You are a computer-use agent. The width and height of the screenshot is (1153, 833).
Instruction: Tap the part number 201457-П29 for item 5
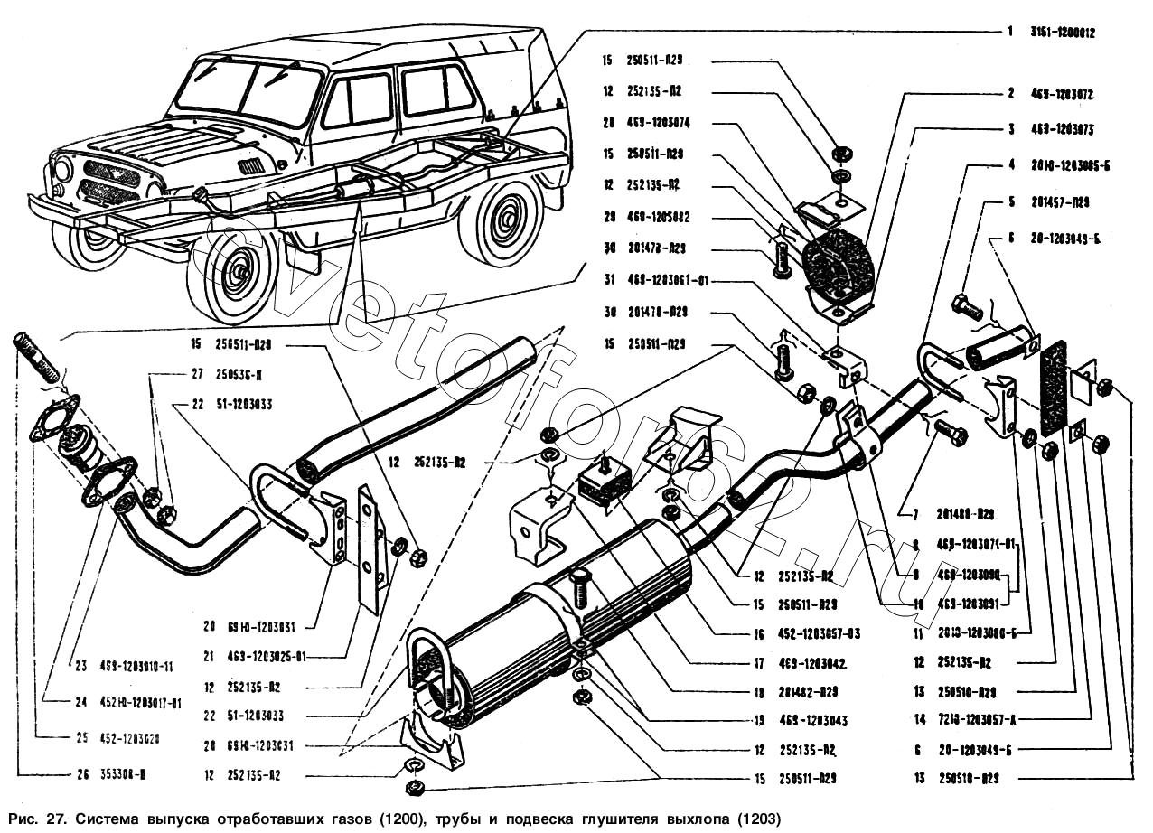[1060, 202]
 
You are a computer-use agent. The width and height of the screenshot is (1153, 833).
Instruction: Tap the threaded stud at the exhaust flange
[34, 359]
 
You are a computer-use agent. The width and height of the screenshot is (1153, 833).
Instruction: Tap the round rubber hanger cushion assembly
[837, 259]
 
